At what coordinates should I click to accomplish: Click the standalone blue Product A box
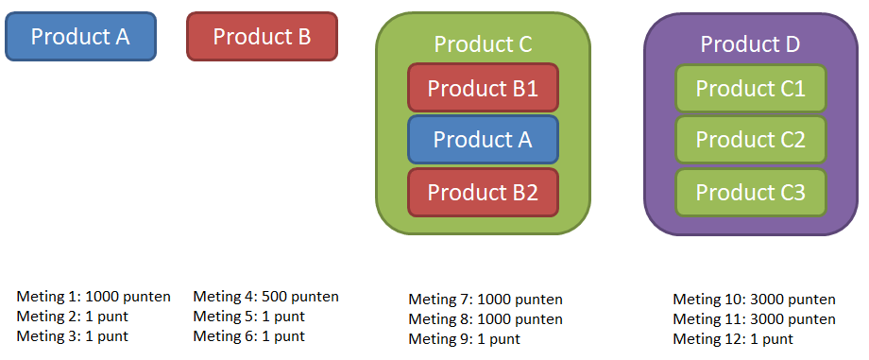coord(81,37)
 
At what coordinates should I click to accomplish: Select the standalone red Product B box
coord(263,37)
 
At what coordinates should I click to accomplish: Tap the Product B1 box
coord(483,88)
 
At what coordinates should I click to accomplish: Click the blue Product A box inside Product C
coord(483,139)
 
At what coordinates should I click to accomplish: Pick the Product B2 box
coord(483,192)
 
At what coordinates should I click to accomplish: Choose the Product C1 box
coord(751,89)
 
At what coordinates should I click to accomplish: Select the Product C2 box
coord(751,140)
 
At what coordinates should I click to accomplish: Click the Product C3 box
coord(751,193)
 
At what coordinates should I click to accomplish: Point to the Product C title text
coord(483,44)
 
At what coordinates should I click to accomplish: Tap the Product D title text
coord(750,44)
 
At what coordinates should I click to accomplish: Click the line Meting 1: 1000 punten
coord(94,297)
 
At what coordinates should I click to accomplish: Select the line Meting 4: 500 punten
coord(266,297)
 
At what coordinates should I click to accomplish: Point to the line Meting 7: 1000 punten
coord(486,300)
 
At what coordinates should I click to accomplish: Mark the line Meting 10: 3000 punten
coord(755,300)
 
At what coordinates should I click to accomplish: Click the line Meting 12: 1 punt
coord(733,339)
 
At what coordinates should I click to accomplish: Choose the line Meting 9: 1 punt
coord(465,339)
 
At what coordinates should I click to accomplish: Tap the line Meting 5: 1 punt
coord(248,317)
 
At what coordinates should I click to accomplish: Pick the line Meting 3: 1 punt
coord(72,336)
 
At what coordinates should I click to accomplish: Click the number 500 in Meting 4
coord(274,297)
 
